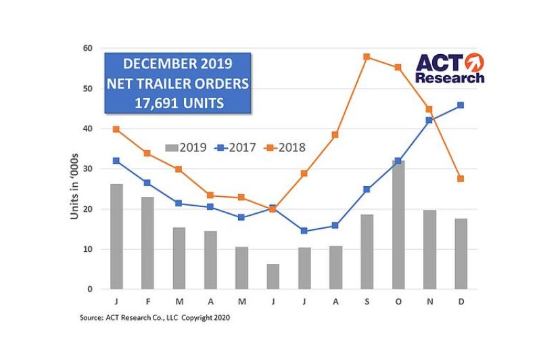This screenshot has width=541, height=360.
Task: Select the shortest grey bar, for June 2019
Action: [x=273, y=277]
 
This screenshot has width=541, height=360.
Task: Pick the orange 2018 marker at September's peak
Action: [x=367, y=57]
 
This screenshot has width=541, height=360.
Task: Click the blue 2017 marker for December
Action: [x=460, y=105]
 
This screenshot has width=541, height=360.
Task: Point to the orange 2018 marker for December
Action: [x=460, y=179]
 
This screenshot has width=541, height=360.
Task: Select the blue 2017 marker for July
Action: [x=304, y=231]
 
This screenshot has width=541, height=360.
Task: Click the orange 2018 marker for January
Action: [x=116, y=129]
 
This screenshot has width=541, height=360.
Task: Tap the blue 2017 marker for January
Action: [x=116, y=160]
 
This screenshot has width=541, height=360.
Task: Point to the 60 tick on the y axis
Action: [x=88, y=48]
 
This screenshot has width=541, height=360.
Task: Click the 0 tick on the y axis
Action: [x=91, y=290]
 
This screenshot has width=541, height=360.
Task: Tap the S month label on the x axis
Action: [x=367, y=301]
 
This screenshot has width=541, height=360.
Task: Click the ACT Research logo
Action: [x=449, y=68]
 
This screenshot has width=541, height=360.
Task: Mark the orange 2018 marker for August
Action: [x=335, y=135]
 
